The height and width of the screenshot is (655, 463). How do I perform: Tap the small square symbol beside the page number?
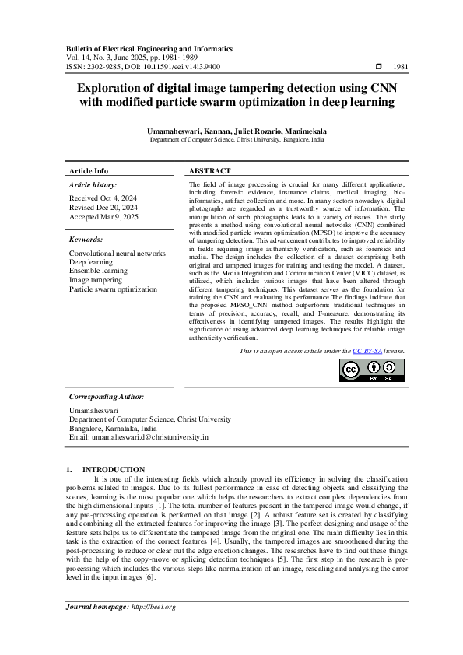click(378, 68)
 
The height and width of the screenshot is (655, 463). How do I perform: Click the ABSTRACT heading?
click(210, 170)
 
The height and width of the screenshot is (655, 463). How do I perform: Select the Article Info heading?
click(89, 170)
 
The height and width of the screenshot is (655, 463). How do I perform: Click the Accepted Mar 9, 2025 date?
click(103, 217)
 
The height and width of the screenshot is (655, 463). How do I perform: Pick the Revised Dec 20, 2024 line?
click(103, 208)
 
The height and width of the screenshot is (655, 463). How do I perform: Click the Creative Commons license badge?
click(371, 372)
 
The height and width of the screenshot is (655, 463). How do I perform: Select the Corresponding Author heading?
click(107, 396)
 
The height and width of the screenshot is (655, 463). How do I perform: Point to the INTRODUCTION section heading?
click(114, 470)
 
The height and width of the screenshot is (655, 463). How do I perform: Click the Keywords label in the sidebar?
click(86, 240)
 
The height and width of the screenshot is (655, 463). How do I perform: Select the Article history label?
click(93, 185)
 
